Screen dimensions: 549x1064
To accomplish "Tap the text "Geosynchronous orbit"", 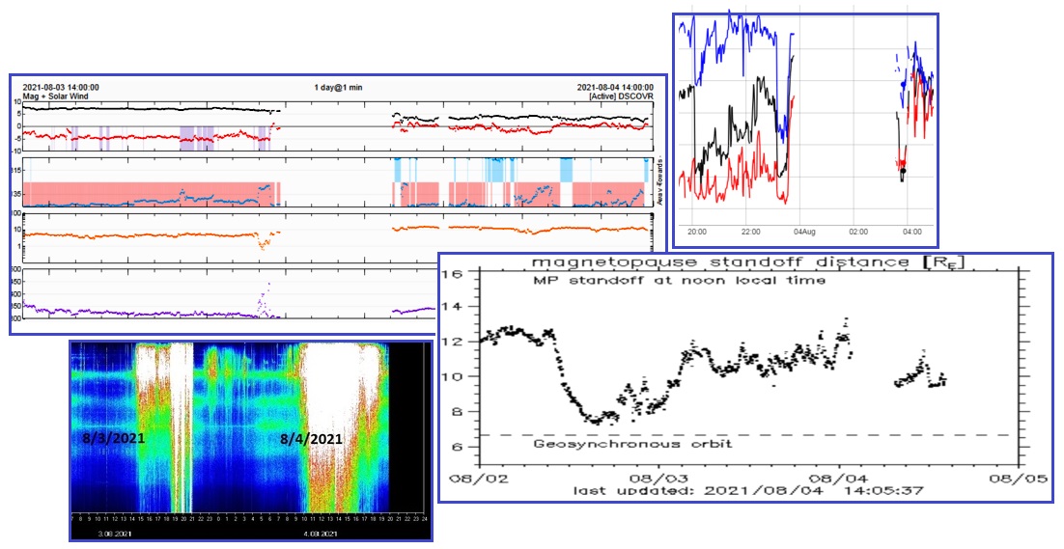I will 632,444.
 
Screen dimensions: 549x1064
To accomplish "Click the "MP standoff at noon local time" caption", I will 680,281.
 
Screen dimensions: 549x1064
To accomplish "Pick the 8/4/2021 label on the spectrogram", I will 311,439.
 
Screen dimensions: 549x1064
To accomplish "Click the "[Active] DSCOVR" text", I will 621,96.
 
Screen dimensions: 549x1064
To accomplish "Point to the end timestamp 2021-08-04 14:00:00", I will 614,87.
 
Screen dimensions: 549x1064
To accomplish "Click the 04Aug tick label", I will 805,232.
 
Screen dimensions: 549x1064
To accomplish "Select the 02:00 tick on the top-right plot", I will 858,232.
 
